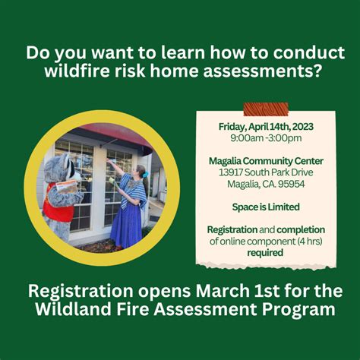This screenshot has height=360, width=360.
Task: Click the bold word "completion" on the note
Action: [x=301, y=229]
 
